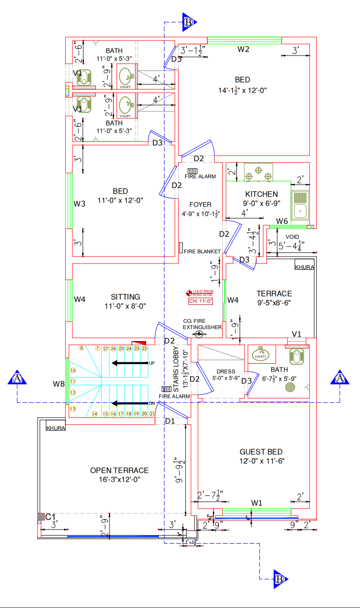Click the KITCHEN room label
point(261,194)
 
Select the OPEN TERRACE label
point(119,470)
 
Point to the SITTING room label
point(125,297)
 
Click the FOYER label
point(200,204)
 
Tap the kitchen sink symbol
point(300,206)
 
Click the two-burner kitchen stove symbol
point(258,172)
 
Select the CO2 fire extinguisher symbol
point(199,334)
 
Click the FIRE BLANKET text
point(202,251)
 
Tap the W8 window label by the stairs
point(58,384)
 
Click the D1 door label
point(170,421)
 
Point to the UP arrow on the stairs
point(130,363)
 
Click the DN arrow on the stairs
point(130,403)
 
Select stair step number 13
point(73,409)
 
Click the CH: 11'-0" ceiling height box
point(201,301)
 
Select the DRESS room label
point(226,372)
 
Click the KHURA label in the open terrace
point(55,428)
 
